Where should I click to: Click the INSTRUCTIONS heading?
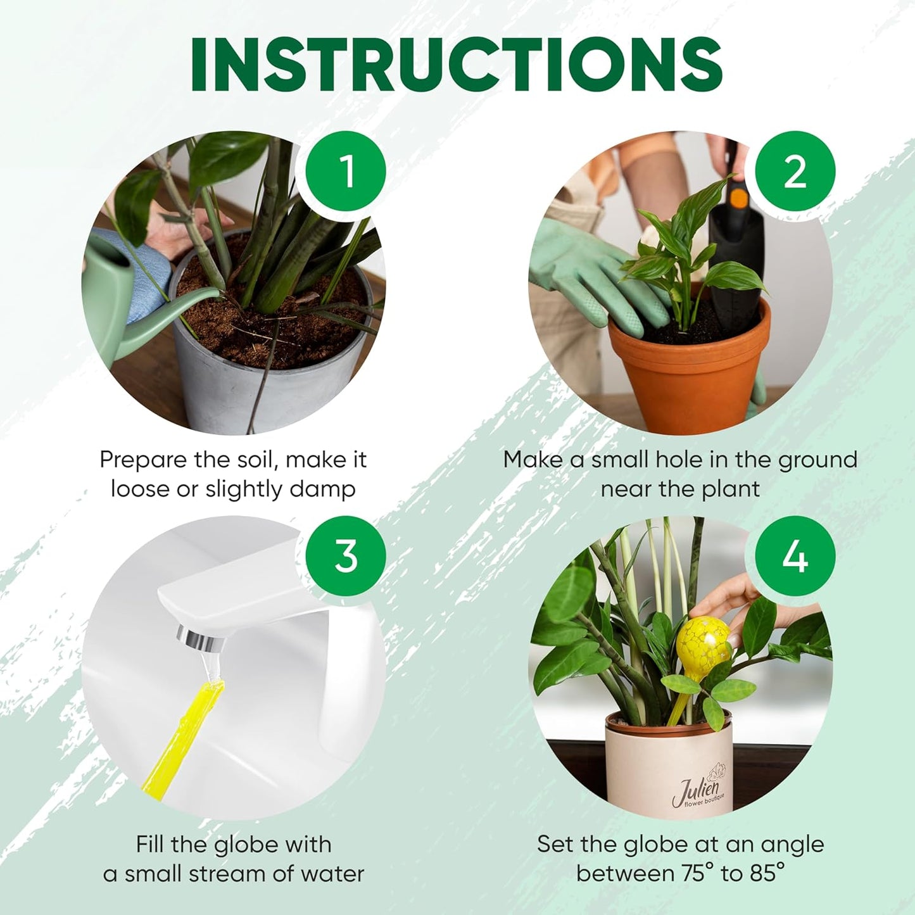(457, 65)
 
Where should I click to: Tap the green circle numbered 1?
(346, 171)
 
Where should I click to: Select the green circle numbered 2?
(795, 171)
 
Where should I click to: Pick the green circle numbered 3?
(346, 556)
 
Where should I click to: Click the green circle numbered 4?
(795, 556)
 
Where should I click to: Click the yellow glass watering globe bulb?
(704, 643)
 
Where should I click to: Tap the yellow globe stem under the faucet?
(184, 735)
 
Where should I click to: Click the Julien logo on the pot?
(697, 789)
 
